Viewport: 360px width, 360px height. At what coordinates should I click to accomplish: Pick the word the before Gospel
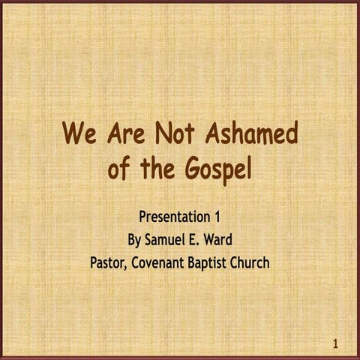pos(158,169)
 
